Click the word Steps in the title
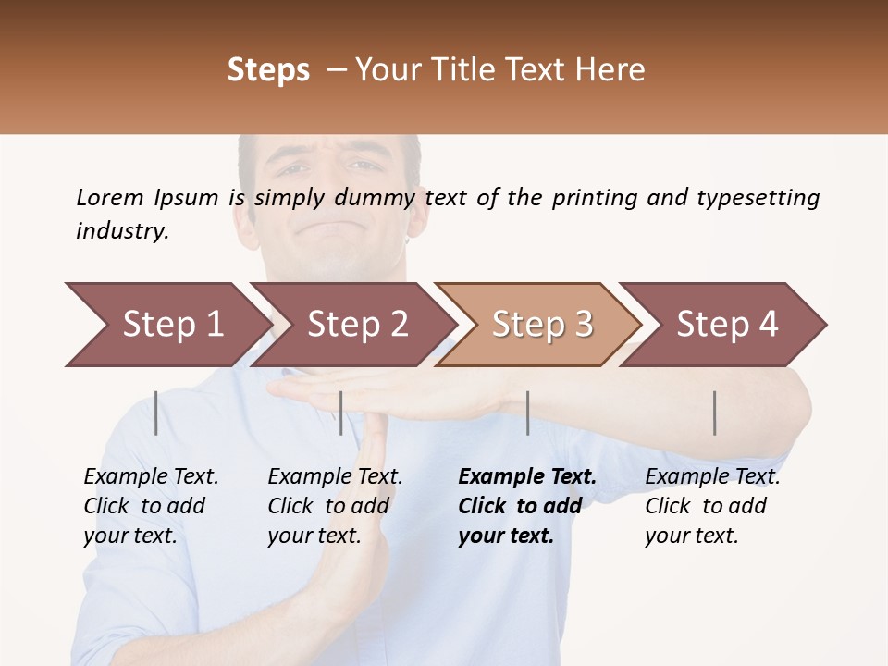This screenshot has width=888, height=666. click(x=268, y=70)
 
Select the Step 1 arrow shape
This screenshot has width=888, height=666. click(x=166, y=325)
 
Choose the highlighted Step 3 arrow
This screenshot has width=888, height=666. click(x=541, y=325)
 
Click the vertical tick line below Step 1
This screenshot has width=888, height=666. click(x=156, y=413)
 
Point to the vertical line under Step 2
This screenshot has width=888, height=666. click(x=341, y=413)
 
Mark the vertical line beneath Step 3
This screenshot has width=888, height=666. click(x=527, y=413)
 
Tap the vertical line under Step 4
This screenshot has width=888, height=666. click(x=715, y=413)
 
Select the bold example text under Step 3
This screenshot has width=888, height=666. click(x=525, y=506)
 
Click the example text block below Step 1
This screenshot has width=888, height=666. click(x=151, y=506)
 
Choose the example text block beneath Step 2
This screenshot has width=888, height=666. click(x=335, y=506)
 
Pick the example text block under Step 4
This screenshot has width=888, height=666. click(x=712, y=506)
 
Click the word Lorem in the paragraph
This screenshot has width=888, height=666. click(x=110, y=198)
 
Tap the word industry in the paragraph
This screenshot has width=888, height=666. click(x=122, y=231)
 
